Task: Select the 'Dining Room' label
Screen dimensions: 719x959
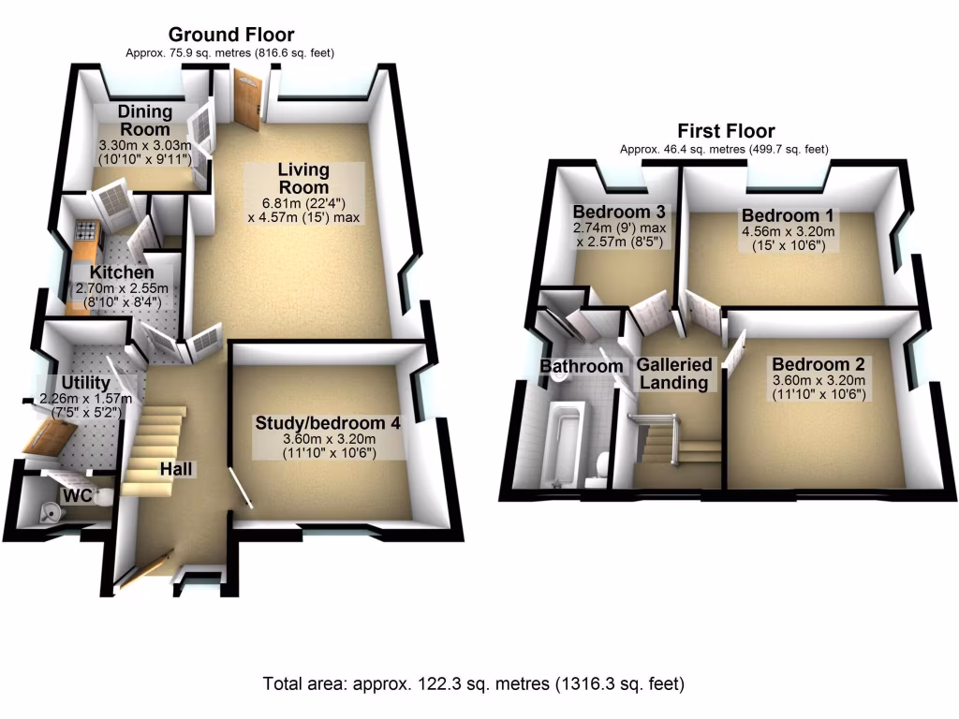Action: (145, 121)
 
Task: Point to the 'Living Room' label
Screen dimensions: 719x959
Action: (302, 178)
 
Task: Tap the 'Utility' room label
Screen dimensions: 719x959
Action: (85, 384)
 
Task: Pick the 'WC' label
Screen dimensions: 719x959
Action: (76, 494)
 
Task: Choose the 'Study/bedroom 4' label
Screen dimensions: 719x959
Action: (328, 423)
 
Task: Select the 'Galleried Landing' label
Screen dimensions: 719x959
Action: (674, 373)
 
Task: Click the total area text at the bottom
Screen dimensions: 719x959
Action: (474, 684)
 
